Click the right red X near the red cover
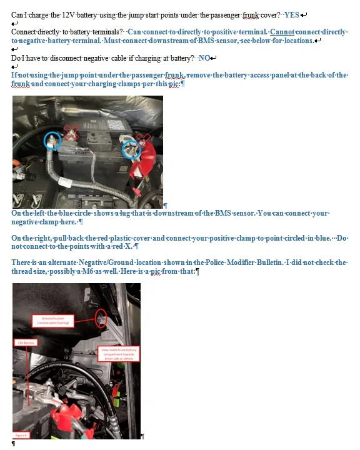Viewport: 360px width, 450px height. pos(144,137)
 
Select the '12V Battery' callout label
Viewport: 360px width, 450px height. pos(25,343)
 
